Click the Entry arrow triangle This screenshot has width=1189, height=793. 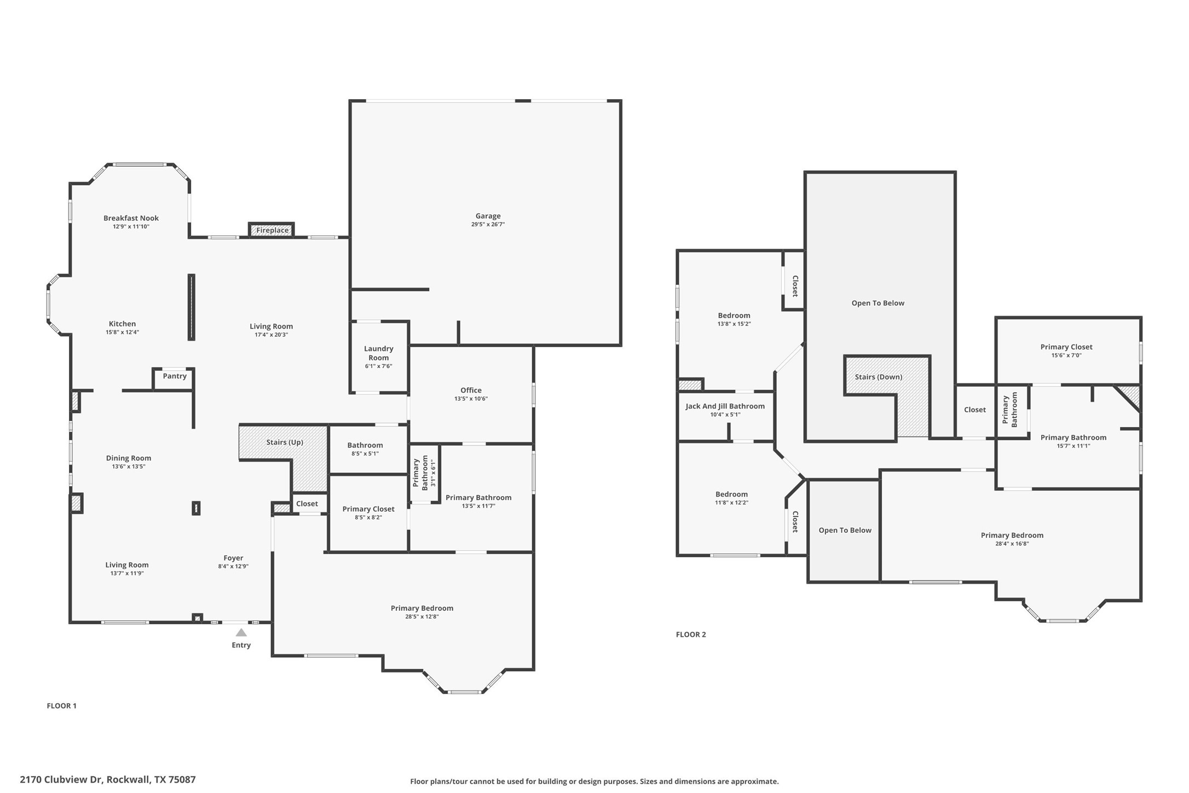[x=241, y=633]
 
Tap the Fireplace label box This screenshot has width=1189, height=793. [x=272, y=231]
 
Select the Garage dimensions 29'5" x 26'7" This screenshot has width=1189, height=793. [x=488, y=225]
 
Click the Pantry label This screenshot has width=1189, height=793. [x=175, y=376]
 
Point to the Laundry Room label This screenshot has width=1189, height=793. [x=378, y=353]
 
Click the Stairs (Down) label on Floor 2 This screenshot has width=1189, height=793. [x=878, y=377]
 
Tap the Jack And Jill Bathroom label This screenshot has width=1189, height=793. [x=725, y=406]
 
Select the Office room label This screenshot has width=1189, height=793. [x=471, y=390]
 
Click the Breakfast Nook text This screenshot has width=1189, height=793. [x=131, y=218]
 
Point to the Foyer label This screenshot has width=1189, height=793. [x=233, y=558]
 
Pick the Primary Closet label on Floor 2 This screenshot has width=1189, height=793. [x=1066, y=347]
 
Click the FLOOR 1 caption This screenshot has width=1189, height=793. [x=61, y=706]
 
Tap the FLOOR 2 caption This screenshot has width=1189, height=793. [x=691, y=635]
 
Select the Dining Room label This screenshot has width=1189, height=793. [x=129, y=458]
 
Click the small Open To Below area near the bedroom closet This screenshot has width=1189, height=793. [x=845, y=530]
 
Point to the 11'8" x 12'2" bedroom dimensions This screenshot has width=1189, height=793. [x=731, y=503]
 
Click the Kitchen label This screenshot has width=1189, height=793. [x=122, y=324]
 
